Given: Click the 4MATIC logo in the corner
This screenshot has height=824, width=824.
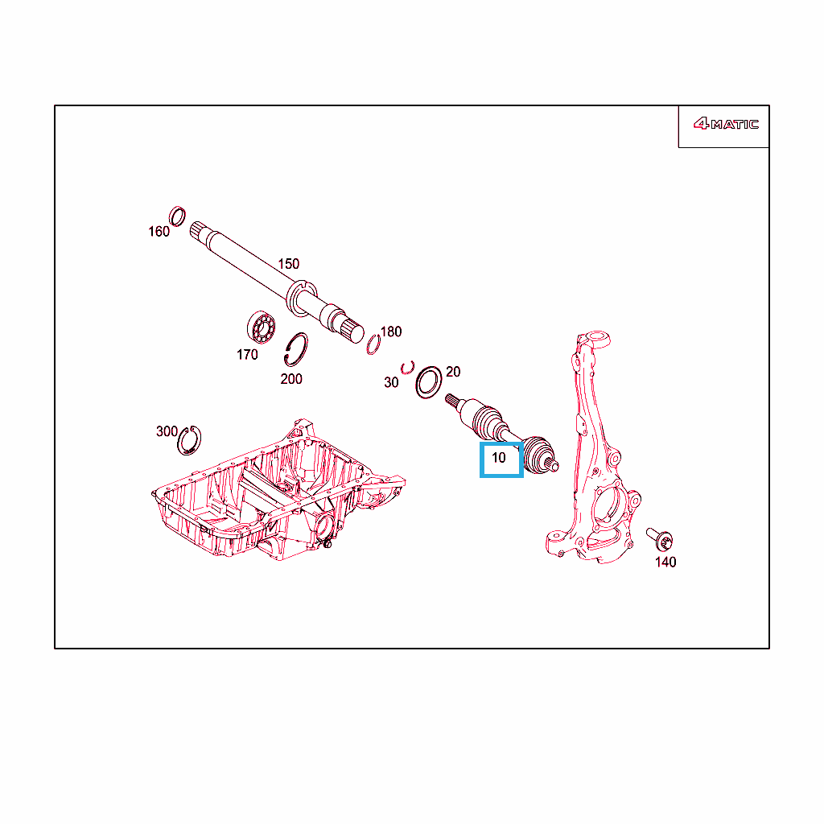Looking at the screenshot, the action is click(x=726, y=124).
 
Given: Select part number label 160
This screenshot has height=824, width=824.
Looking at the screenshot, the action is click(x=159, y=232).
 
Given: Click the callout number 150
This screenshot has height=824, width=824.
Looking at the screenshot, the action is click(x=289, y=264).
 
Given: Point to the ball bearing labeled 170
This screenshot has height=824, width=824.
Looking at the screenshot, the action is click(x=262, y=328).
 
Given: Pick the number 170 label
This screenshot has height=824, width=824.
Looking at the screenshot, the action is click(x=247, y=355).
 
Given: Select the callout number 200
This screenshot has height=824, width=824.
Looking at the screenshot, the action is click(x=291, y=379).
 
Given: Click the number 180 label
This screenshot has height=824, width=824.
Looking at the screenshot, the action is click(x=391, y=332).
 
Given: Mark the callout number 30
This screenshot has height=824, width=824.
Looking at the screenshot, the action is click(x=391, y=382).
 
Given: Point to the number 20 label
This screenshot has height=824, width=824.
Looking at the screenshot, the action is click(x=453, y=372).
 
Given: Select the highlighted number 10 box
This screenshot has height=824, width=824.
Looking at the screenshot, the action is click(x=501, y=459).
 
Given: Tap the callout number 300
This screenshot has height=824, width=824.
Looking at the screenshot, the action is click(x=167, y=431).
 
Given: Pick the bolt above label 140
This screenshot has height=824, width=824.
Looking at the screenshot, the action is click(x=660, y=538).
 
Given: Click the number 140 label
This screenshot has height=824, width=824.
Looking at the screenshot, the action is click(x=665, y=562).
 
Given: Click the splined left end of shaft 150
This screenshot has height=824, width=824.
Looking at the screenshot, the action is click(x=198, y=232).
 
